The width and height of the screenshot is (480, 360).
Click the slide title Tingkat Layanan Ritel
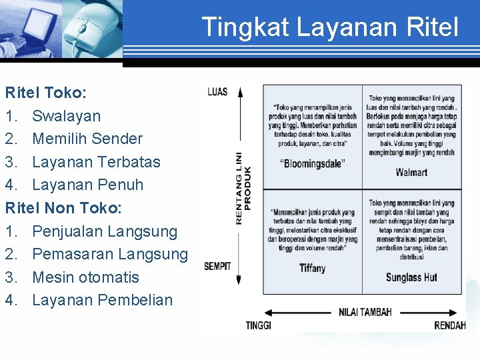tap(330, 27)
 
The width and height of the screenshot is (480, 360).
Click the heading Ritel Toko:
tap(45, 93)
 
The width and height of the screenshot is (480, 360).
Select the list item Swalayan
tap(66, 116)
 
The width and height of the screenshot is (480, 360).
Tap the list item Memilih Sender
tap(87, 139)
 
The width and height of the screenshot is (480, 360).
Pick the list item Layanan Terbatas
tap(96, 162)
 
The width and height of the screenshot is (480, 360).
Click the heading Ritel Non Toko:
tap(63, 208)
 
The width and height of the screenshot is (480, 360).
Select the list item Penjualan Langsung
tap(105, 231)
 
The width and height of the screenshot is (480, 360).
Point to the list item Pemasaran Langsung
tap(110, 254)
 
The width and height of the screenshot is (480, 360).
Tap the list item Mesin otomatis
tap(85, 277)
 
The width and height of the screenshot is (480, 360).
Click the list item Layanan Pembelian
tap(102, 300)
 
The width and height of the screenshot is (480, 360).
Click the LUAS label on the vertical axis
tap(217, 92)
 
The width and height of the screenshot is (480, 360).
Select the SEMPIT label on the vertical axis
tap(217, 267)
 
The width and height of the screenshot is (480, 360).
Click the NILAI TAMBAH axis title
tap(365, 312)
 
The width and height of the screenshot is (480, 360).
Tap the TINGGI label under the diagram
tap(258, 325)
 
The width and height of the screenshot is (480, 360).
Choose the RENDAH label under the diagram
tap(449, 325)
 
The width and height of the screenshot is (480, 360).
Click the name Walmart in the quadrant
tap(411, 173)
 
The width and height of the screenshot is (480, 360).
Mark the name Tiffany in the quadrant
tap(312, 268)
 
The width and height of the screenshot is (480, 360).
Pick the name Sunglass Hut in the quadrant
tap(411, 277)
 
